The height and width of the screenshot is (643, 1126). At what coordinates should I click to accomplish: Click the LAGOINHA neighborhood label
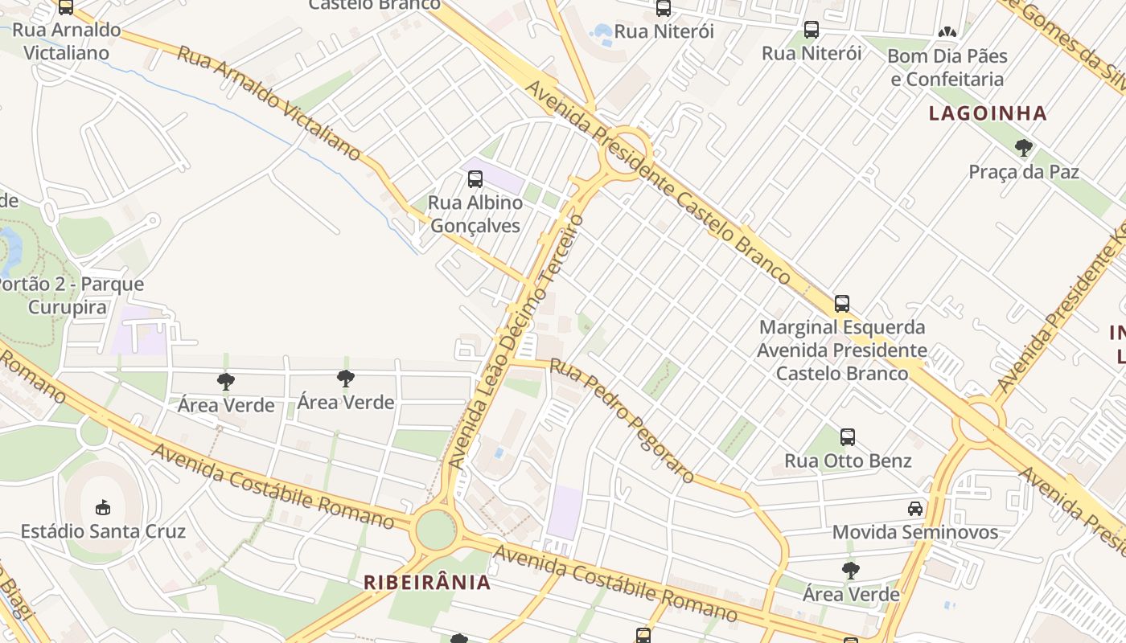[988, 113]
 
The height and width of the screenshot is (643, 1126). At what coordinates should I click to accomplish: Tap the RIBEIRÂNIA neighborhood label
[427, 583]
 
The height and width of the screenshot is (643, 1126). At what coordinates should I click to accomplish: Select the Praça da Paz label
[1023, 172]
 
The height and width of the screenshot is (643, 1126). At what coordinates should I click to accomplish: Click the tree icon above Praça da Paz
[1023, 148]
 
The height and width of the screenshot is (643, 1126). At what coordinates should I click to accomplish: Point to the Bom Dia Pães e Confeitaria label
[947, 68]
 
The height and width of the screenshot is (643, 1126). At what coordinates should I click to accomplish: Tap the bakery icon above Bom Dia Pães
[947, 33]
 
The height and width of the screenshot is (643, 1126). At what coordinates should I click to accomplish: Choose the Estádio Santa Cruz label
[103, 531]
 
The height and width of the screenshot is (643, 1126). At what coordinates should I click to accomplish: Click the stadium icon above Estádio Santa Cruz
[103, 507]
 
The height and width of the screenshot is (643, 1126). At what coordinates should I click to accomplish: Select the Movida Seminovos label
[914, 532]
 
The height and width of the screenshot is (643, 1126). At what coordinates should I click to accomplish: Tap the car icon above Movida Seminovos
[915, 508]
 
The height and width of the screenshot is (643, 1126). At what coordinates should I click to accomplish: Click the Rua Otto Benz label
[848, 461]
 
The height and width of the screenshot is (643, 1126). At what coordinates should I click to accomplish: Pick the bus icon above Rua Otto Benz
[848, 437]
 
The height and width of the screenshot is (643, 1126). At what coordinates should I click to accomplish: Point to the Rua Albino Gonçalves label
[475, 214]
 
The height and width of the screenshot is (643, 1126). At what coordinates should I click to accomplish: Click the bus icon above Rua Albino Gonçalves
[475, 178]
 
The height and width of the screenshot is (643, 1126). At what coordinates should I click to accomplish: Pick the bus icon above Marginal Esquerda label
[842, 304]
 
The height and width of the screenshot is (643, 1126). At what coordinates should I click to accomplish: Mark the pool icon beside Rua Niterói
[602, 32]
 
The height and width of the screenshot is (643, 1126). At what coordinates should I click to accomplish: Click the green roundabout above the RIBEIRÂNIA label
[435, 530]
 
